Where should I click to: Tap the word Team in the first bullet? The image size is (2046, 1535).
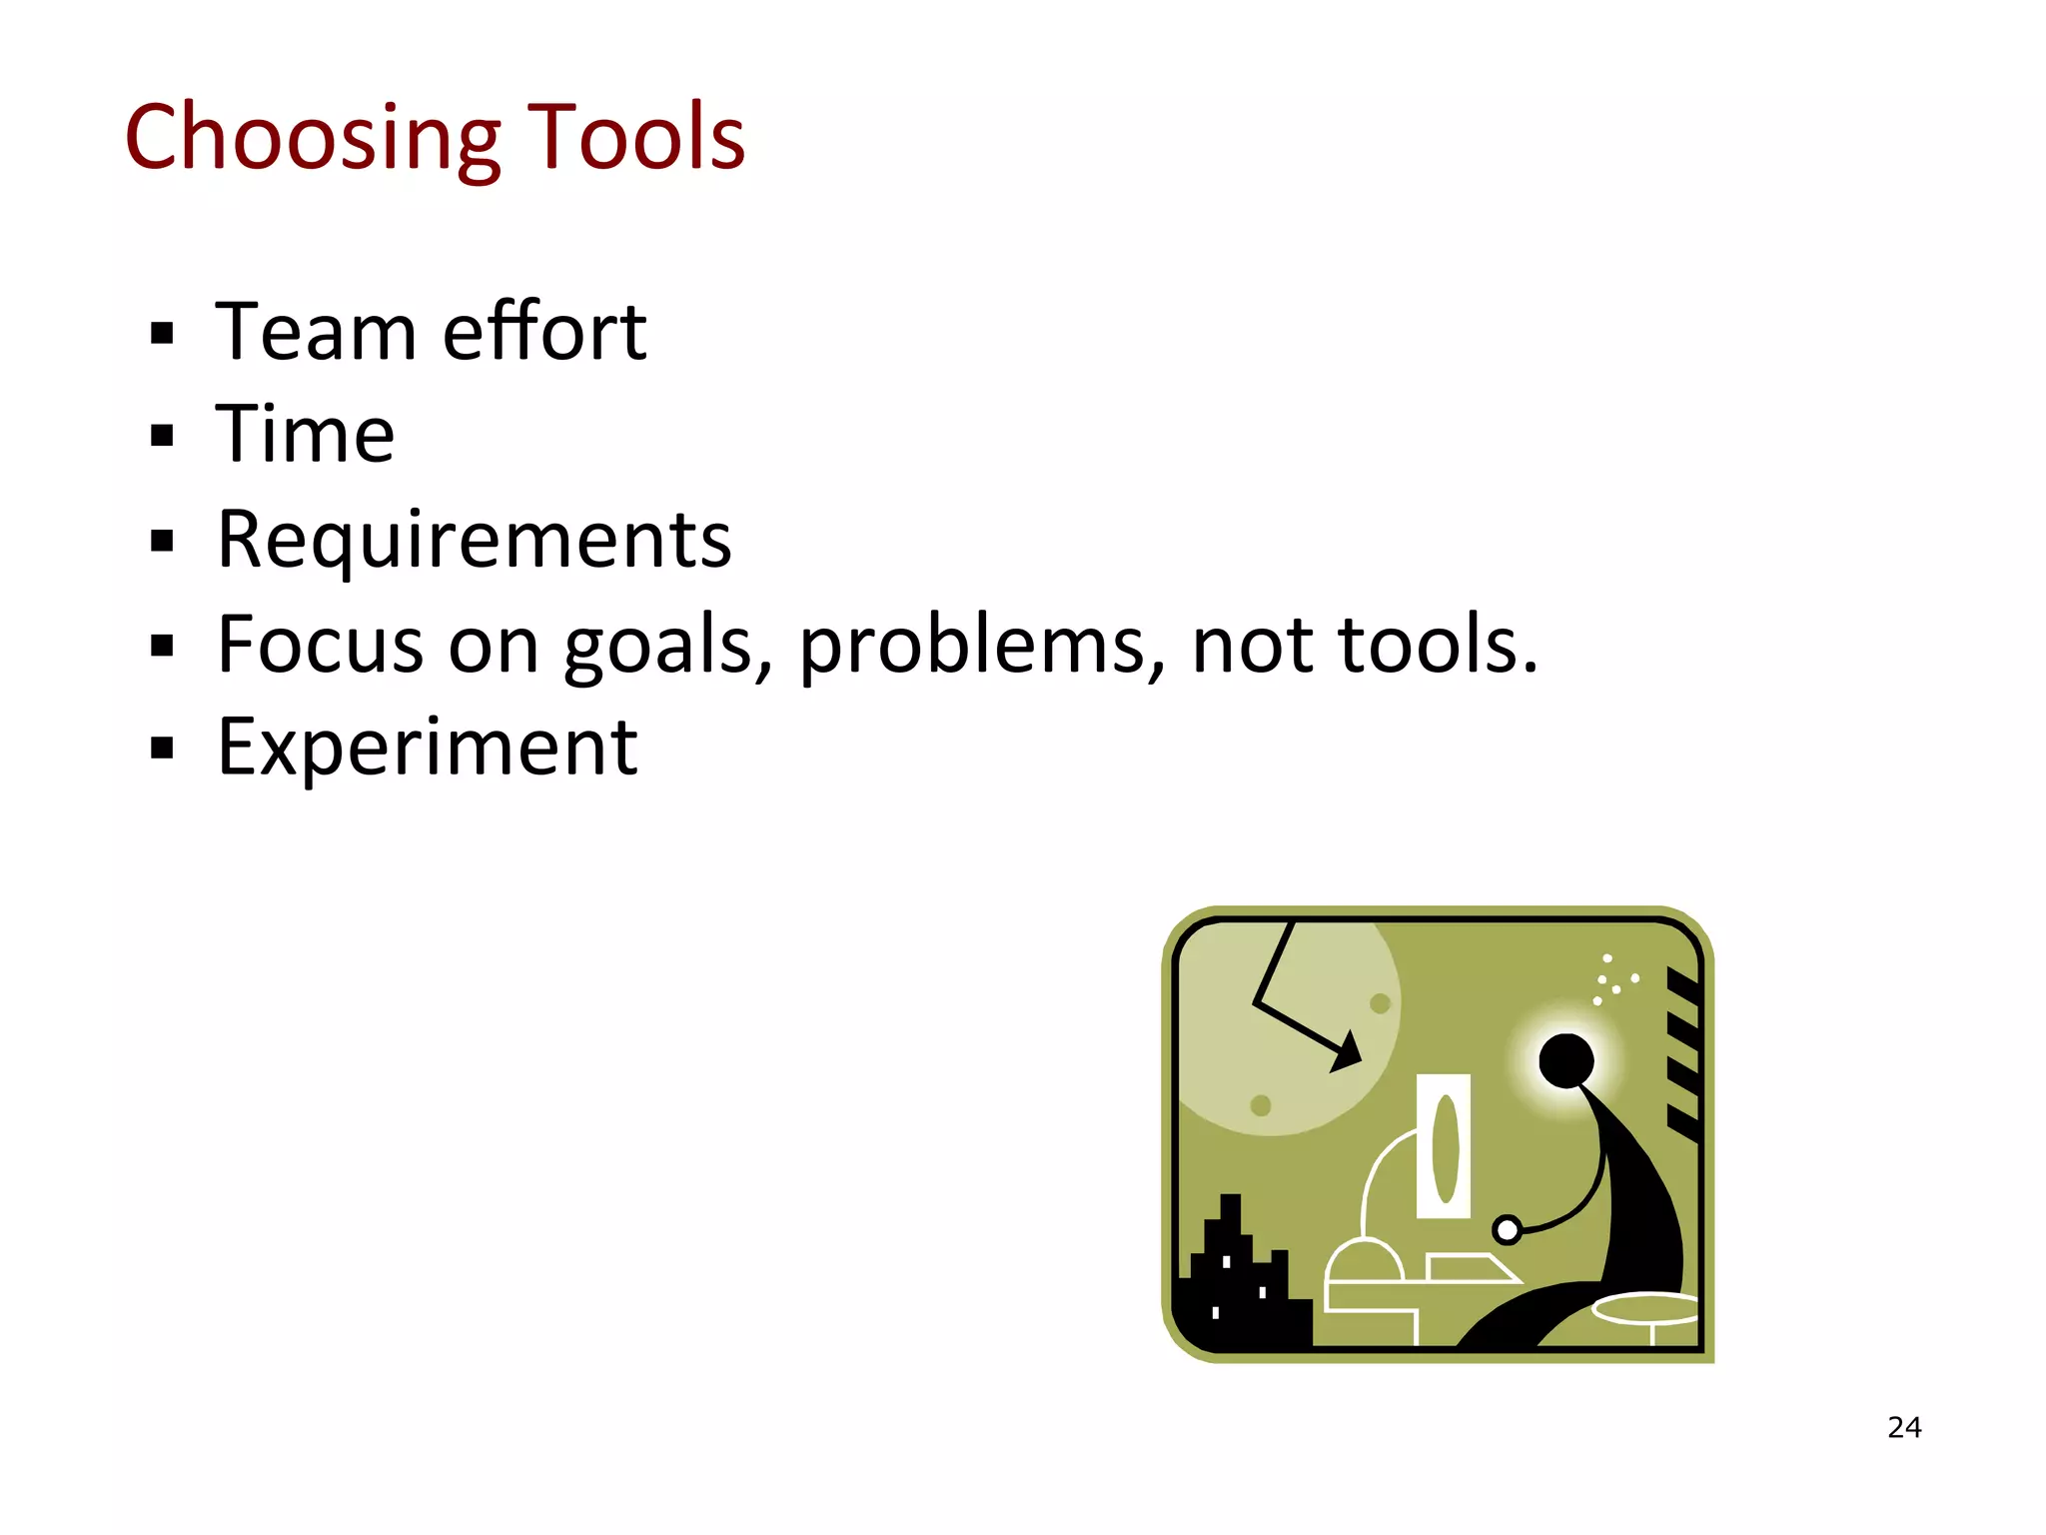tap(315, 332)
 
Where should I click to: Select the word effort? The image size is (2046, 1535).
tap(544, 332)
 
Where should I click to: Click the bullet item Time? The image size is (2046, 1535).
tap(306, 435)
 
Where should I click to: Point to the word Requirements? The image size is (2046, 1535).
tap(475, 540)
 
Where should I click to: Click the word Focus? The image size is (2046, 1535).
tap(320, 645)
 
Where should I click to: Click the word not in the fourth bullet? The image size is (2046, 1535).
tap(1253, 645)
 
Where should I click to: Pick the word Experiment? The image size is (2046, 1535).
tap(428, 748)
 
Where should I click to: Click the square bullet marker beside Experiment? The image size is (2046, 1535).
tap(162, 748)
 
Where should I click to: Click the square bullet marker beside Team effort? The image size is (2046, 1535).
tap(162, 333)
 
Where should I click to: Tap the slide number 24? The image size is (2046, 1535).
tap(1904, 1427)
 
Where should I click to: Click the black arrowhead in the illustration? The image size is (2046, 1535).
tap(1348, 1053)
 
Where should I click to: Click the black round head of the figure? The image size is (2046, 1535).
tap(1565, 1060)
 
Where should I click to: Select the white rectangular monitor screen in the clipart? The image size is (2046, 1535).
tap(1444, 1146)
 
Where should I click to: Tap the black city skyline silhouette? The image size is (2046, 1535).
tap(1238, 1289)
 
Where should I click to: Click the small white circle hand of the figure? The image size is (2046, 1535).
tap(1507, 1230)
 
